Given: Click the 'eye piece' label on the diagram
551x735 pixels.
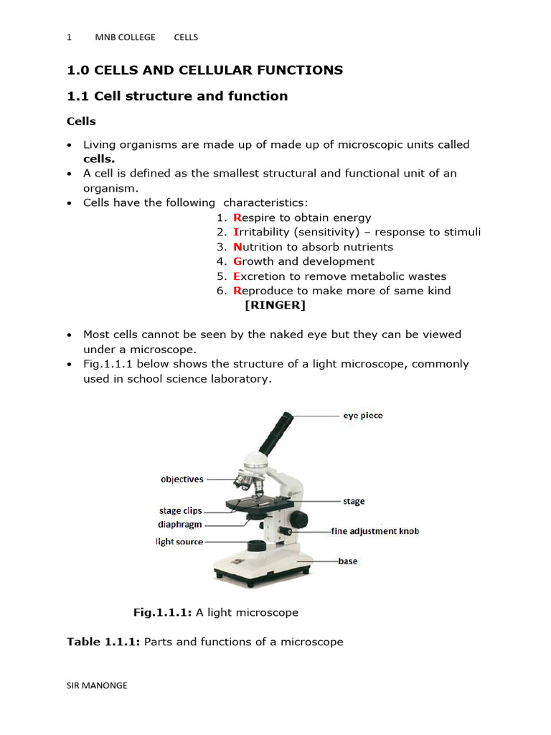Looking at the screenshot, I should coord(362,416).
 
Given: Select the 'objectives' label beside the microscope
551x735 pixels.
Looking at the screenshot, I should coord(182,479).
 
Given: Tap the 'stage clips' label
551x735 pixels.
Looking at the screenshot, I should coord(180,511).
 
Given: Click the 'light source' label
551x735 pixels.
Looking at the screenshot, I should coord(179,542).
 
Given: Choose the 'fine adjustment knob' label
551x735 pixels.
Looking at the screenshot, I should coord(375,531).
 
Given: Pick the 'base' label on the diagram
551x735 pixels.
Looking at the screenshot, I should coord(348,561).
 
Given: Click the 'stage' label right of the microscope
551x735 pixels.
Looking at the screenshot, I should coord(354,501).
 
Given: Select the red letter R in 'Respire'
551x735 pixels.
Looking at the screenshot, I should coord(237,217).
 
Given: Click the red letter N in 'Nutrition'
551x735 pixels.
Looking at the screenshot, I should coord(237,247).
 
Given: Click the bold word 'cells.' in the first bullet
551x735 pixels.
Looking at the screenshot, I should coord(99,159).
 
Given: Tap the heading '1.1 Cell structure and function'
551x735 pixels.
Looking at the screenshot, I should coord(177,96).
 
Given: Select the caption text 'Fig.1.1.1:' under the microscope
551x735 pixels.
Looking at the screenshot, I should coord(163,612).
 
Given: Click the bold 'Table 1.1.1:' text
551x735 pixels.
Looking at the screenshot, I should coord(103,642).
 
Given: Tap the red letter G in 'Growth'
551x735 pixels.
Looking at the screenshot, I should coord(237,261).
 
